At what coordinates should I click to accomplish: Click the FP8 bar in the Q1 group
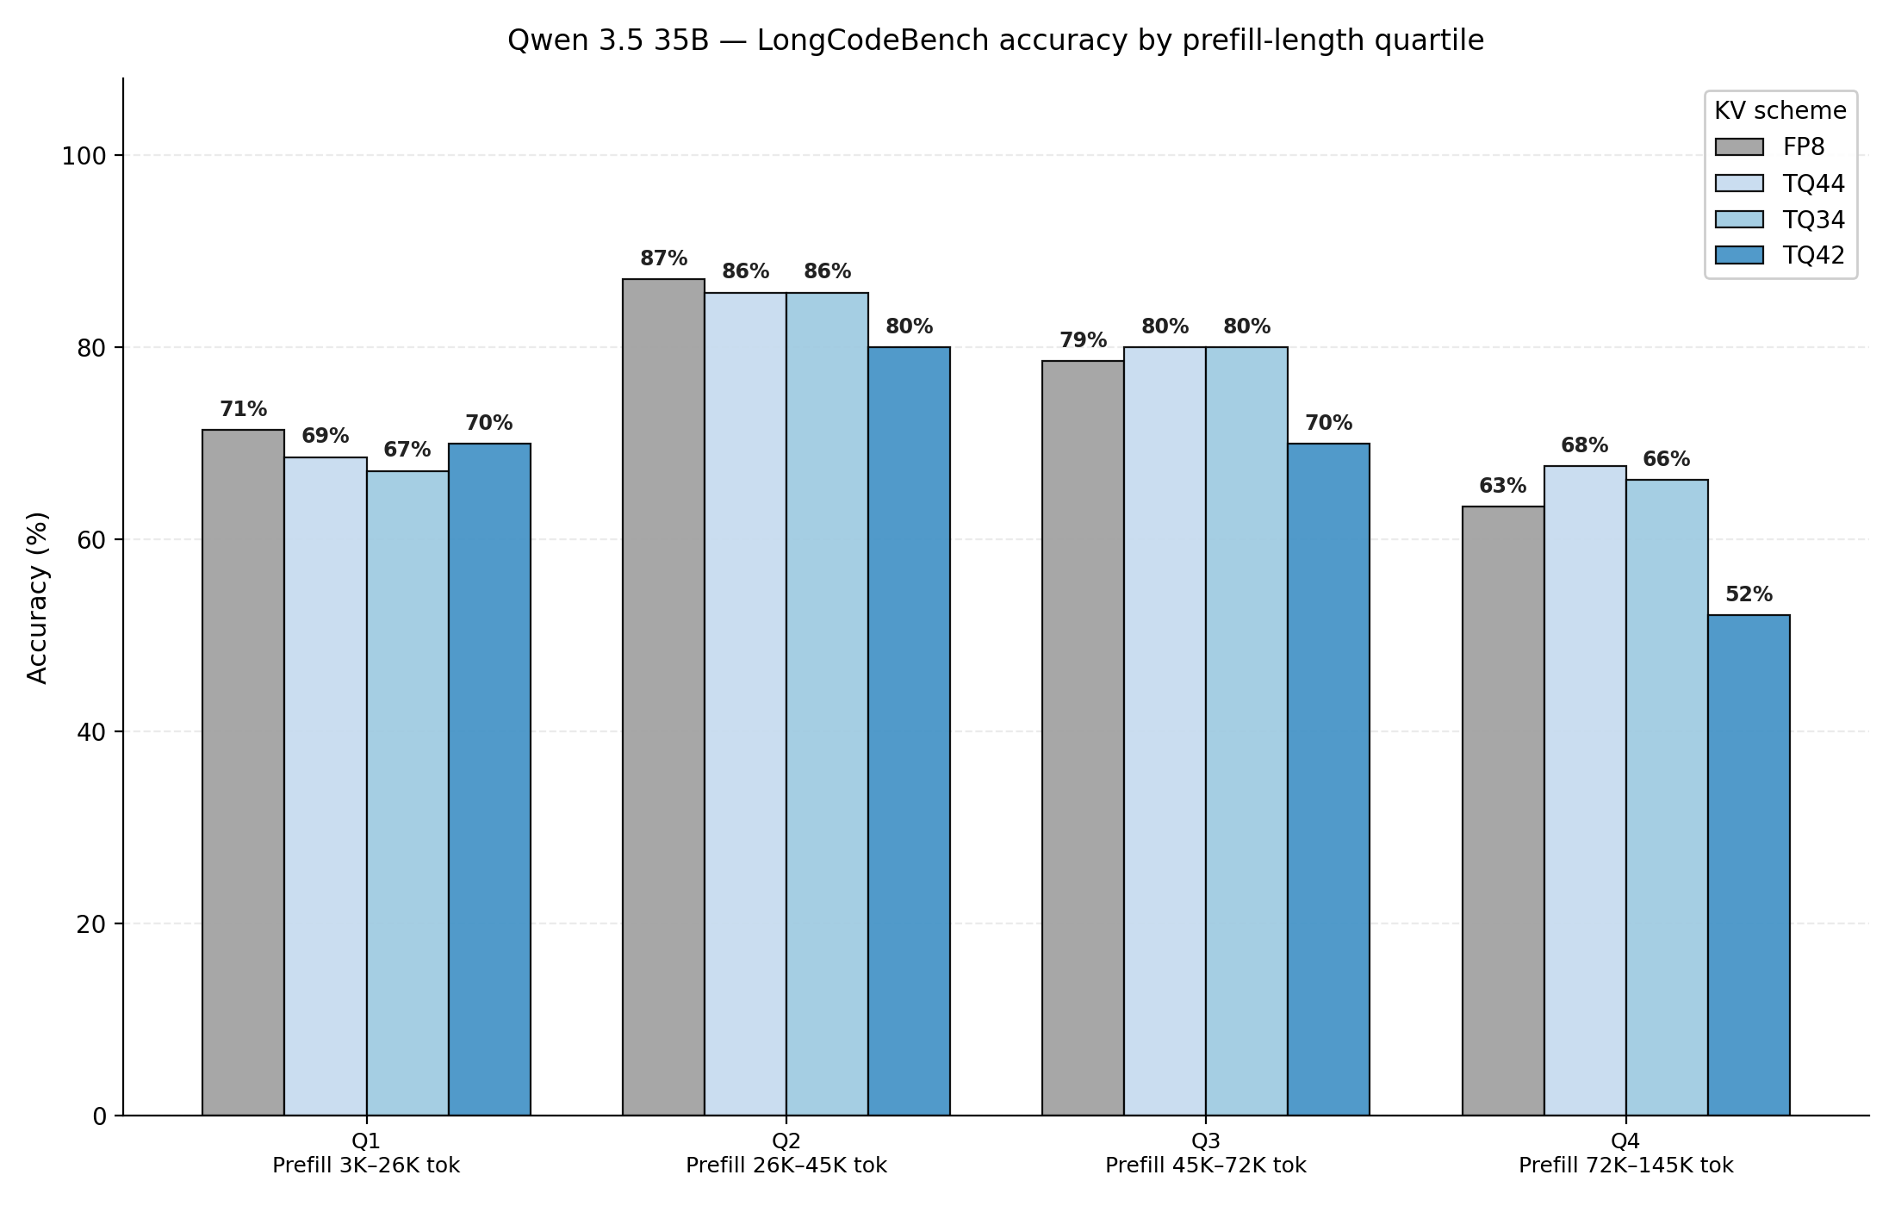(243, 773)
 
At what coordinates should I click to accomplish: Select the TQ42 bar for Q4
(1749, 865)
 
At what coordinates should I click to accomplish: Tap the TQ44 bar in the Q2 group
(745, 704)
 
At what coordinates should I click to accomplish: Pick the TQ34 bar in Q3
(1246, 731)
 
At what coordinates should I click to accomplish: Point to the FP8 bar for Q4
(1503, 811)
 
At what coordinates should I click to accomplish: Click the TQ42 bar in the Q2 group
(909, 731)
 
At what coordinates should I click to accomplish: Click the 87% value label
(663, 258)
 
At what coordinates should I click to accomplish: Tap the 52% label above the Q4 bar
(1749, 594)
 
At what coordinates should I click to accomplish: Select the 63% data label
(1503, 486)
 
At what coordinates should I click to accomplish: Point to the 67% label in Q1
(407, 450)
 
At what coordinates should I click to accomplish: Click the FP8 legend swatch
(1739, 147)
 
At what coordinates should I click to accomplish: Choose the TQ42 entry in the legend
(1780, 255)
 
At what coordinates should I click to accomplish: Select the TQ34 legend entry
(1780, 220)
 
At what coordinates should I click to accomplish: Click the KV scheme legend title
(1780, 111)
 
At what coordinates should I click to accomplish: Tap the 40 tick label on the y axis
(91, 732)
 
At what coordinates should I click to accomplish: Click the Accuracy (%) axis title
(38, 598)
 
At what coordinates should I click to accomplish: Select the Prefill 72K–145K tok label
(1626, 1166)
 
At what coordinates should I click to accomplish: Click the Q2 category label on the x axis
(786, 1141)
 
